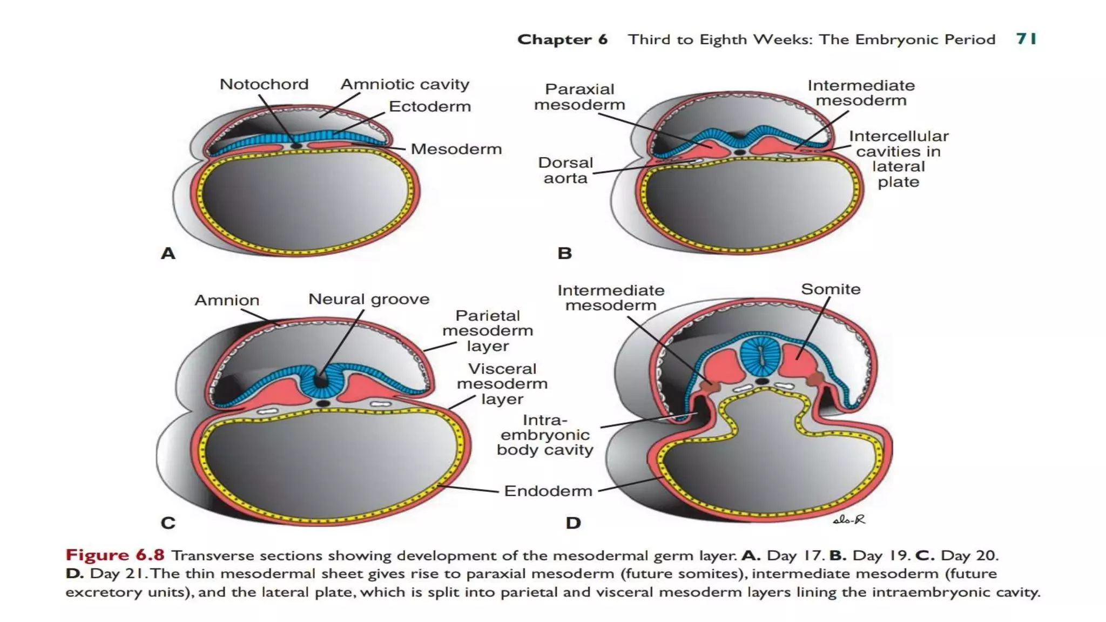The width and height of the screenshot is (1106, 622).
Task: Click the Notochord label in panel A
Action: (264, 84)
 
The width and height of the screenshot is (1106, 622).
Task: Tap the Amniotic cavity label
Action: (404, 84)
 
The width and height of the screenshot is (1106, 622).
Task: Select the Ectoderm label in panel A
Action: (429, 106)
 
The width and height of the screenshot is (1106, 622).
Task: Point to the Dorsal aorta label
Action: (565, 170)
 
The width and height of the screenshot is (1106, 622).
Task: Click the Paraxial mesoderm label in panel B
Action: (579, 97)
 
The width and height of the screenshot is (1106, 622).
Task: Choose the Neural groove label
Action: (368, 299)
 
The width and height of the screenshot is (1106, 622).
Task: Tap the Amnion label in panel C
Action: (227, 300)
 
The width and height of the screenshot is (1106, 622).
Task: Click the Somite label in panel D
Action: (830, 289)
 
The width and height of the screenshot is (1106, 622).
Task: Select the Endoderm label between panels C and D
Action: (548, 491)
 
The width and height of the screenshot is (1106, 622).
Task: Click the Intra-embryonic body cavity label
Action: (544, 435)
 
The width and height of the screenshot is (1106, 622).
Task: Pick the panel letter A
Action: (168, 253)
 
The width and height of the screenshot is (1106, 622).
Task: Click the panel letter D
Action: (573, 523)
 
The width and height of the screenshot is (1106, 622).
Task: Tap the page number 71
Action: (1026, 39)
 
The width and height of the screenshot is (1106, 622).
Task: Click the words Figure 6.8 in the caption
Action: (114, 555)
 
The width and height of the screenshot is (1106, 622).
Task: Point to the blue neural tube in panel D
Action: (761, 356)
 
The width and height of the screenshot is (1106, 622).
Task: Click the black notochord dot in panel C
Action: (323, 403)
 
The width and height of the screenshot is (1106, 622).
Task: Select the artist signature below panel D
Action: (849, 519)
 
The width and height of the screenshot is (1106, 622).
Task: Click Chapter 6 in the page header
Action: (562, 39)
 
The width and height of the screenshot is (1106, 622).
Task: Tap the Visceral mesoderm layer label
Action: (502, 383)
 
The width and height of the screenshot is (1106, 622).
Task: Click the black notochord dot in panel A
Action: (296, 146)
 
